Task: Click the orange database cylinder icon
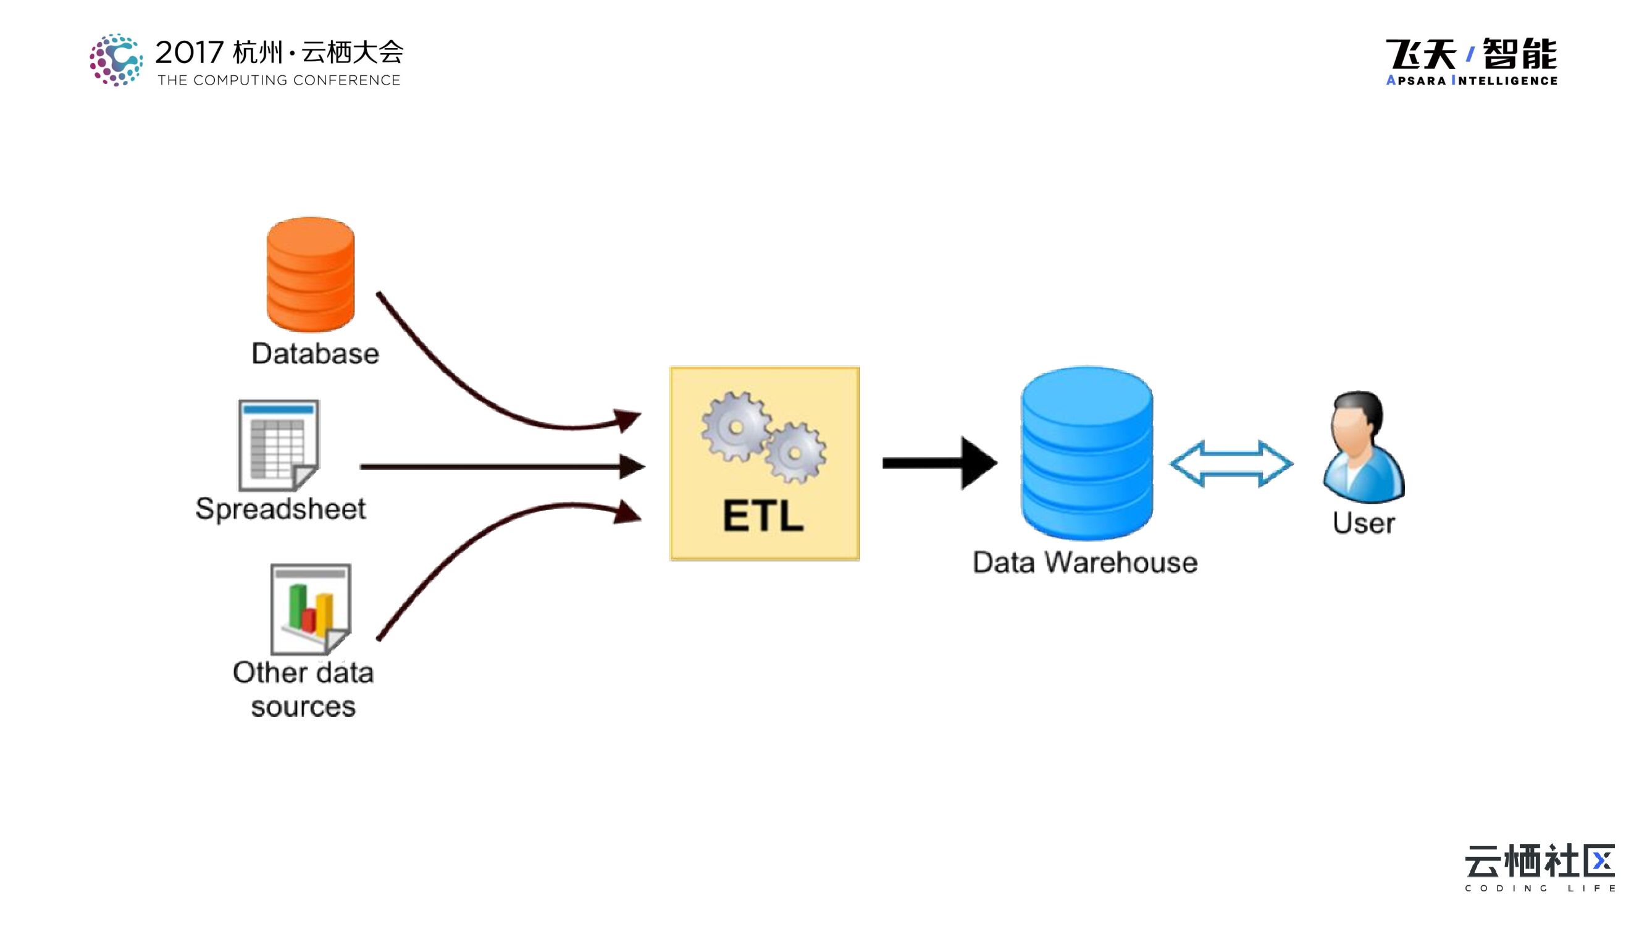[311, 275]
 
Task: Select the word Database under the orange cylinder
[315, 353]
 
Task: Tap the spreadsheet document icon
[279, 446]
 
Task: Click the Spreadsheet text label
[281, 509]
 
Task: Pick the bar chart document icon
[311, 609]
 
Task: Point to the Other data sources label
[303, 690]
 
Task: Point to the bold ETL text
[763, 515]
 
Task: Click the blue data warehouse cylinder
[1087, 454]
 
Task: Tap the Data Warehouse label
[1085, 562]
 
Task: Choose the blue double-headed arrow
[1231, 464]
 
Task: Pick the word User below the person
[1363, 523]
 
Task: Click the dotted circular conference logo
[115, 60]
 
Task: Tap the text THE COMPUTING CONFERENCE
[279, 80]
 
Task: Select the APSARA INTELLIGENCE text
[1471, 80]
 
